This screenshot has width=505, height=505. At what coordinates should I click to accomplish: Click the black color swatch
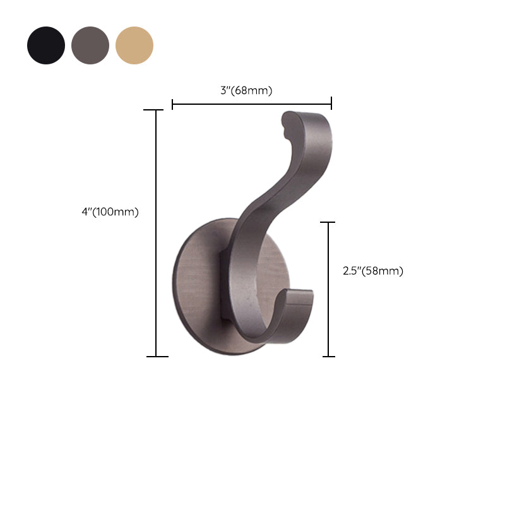tap(46, 45)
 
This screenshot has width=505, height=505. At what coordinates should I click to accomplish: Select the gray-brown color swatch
tap(90, 45)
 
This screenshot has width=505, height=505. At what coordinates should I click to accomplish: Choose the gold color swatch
tap(134, 45)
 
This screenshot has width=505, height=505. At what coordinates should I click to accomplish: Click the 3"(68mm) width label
tap(246, 90)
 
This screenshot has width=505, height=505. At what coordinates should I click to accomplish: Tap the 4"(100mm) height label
tap(110, 212)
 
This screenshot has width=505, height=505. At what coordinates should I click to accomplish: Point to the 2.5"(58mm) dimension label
tap(372, 271)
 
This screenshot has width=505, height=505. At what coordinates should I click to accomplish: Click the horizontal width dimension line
tap(252, 104)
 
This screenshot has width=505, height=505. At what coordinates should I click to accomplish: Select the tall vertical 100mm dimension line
tap(157, 234)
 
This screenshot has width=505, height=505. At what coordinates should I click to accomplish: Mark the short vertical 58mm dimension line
tap(328, 289)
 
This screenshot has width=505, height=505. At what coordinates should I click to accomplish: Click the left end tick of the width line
tap(173, 104)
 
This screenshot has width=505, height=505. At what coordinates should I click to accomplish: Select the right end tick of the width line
tap(331, 104)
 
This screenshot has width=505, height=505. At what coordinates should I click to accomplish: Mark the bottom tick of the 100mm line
tap(157, 357)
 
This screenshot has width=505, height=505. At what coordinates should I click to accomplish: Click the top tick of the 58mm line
tap(328, 222)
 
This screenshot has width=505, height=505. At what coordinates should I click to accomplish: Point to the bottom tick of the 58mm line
tap(328, 357)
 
